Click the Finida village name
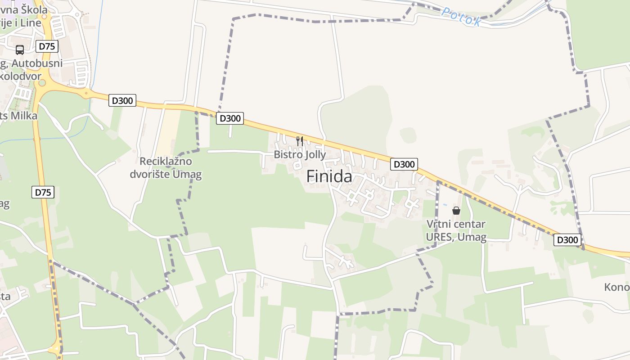[329, 176]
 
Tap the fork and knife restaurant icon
[300, 141]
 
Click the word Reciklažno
[166, 161]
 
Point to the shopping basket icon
[456, 210]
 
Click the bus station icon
[20, 49]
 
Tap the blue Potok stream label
[461, 17]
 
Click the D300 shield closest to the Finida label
[404, 164]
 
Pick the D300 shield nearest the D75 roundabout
[122, 100]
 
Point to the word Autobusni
[37, 63]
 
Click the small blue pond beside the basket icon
[445, 205]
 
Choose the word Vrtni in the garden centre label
[437, 224]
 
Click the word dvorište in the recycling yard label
[150, 174]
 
